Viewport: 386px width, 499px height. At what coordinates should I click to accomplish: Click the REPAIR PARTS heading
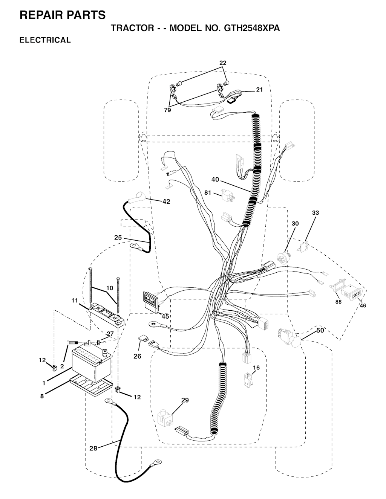(62, 15)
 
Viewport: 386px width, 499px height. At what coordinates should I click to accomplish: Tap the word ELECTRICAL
(45, 40)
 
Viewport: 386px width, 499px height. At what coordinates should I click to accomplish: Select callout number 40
(215, 180)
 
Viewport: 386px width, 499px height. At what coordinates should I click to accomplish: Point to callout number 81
(208, 192)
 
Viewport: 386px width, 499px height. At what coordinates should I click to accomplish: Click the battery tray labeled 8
(92, 385)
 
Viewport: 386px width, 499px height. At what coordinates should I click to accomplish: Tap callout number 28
(93, 448)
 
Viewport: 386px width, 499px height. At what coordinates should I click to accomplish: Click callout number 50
(320, 330)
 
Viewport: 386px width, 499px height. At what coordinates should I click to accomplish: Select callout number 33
(316, 213)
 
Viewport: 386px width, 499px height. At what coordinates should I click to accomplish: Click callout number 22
(223, 63)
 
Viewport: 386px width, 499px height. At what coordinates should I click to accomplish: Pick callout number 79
(167, 110)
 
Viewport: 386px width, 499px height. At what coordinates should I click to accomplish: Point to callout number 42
(166, 201)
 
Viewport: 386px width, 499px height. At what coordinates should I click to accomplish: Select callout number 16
(256, 368)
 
